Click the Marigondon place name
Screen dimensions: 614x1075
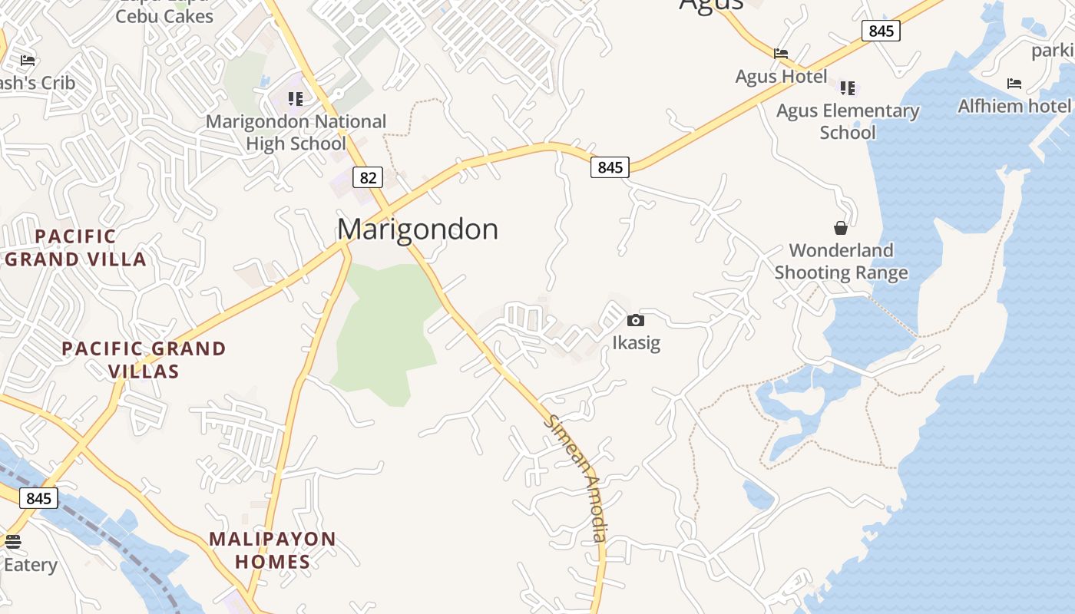click(418, 229)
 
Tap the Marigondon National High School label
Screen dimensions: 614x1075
click(296, 132)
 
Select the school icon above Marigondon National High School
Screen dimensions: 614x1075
click(296, 98)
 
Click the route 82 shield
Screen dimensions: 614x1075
click(368, 178)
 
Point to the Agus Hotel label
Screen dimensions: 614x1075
click(781, 77)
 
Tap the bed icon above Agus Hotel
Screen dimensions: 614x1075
click(781, 54)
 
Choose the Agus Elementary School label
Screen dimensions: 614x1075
click(848, 121)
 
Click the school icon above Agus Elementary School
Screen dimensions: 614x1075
click(848, 87)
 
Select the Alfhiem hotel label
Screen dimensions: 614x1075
click(1014, 106)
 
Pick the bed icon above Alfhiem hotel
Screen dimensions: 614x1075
click(1014, 83)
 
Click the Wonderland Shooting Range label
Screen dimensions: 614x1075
click(841, 261)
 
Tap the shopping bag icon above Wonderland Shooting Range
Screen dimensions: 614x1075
click(841, 228)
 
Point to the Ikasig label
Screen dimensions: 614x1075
click(636, 342)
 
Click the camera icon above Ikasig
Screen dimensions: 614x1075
click(636, 320)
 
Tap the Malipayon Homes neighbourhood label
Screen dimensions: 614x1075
click(273, 550)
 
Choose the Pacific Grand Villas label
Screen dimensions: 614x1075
click(144, 360)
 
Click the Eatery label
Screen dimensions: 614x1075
click(31, 565)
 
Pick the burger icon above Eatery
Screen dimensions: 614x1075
click(13, 542)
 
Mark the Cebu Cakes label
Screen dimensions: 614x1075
click(164, 15)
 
